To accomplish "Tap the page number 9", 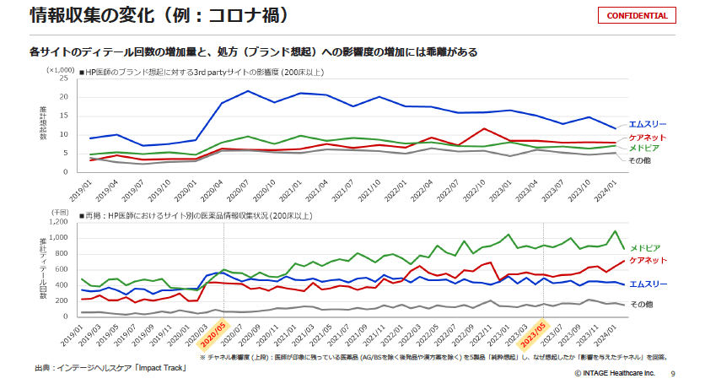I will click(x=672, y=372).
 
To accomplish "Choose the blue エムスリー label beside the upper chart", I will click(x=648, y=125).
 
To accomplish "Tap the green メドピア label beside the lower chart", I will click(x=645, y=247).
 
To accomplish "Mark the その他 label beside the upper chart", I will click(x=642, y=159).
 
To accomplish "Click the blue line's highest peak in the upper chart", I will click(x=248, y=91).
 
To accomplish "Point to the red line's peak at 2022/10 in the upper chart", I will click(x=483, y=129).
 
